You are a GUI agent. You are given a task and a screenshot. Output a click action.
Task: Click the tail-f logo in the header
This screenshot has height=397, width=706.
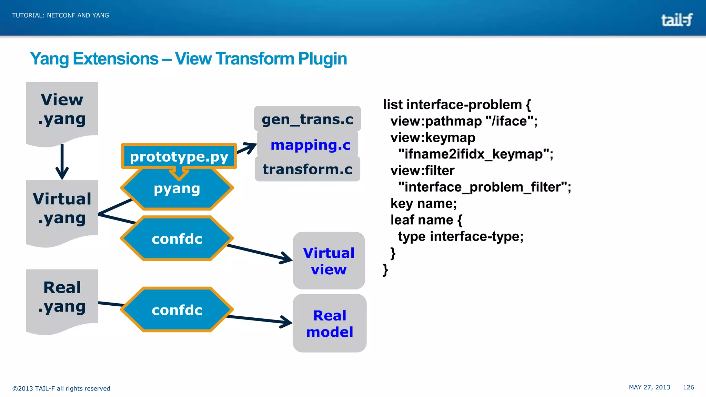point(676,20)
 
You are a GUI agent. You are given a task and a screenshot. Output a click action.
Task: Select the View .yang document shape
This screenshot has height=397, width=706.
point(62,110)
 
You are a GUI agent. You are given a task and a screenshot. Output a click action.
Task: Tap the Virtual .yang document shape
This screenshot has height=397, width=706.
point(62,209)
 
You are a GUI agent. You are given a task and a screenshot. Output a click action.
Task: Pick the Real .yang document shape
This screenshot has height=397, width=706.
point(62,297)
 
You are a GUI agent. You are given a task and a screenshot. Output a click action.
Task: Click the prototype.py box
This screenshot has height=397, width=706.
point(179,156)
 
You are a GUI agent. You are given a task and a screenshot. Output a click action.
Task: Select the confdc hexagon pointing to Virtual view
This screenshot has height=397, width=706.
point(177,239)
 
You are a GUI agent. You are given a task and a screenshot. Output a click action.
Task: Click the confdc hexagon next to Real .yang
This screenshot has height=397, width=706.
point(177,310)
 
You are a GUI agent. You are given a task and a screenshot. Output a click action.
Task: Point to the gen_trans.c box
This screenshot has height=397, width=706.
point(307,119)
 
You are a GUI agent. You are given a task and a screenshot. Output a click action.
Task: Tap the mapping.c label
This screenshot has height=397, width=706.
point(310,145)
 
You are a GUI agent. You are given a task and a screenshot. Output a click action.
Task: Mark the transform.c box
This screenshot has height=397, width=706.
point(307,169)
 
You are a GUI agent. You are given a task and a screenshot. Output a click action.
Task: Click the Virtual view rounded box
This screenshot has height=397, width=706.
point(329,261)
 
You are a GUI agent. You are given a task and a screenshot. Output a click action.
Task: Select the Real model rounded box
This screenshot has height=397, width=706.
point(330,323)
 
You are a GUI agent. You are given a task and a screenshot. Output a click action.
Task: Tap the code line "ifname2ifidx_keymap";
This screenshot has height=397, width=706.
point(475,154)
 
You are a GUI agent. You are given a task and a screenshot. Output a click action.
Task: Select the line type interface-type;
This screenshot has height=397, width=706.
point(461,236)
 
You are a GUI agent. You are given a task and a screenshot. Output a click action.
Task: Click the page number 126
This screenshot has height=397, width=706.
point(688,387)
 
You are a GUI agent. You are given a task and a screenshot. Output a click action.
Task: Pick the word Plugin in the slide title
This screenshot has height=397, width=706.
point(322,59)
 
